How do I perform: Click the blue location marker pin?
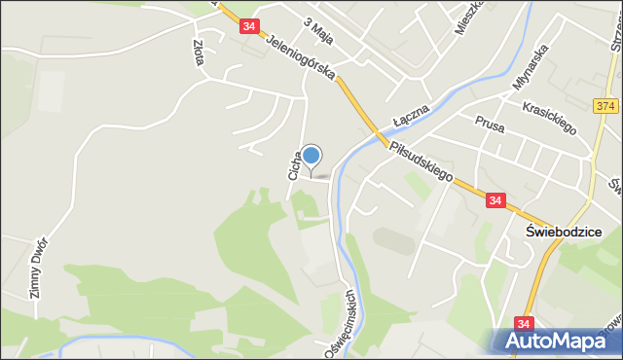(311, 156)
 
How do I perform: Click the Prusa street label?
(489, 123)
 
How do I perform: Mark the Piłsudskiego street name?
(421, 162)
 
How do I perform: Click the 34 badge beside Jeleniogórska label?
(250, 26)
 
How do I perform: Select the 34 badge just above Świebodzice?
(495, 200)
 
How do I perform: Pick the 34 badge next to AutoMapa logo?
(525, 323)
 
